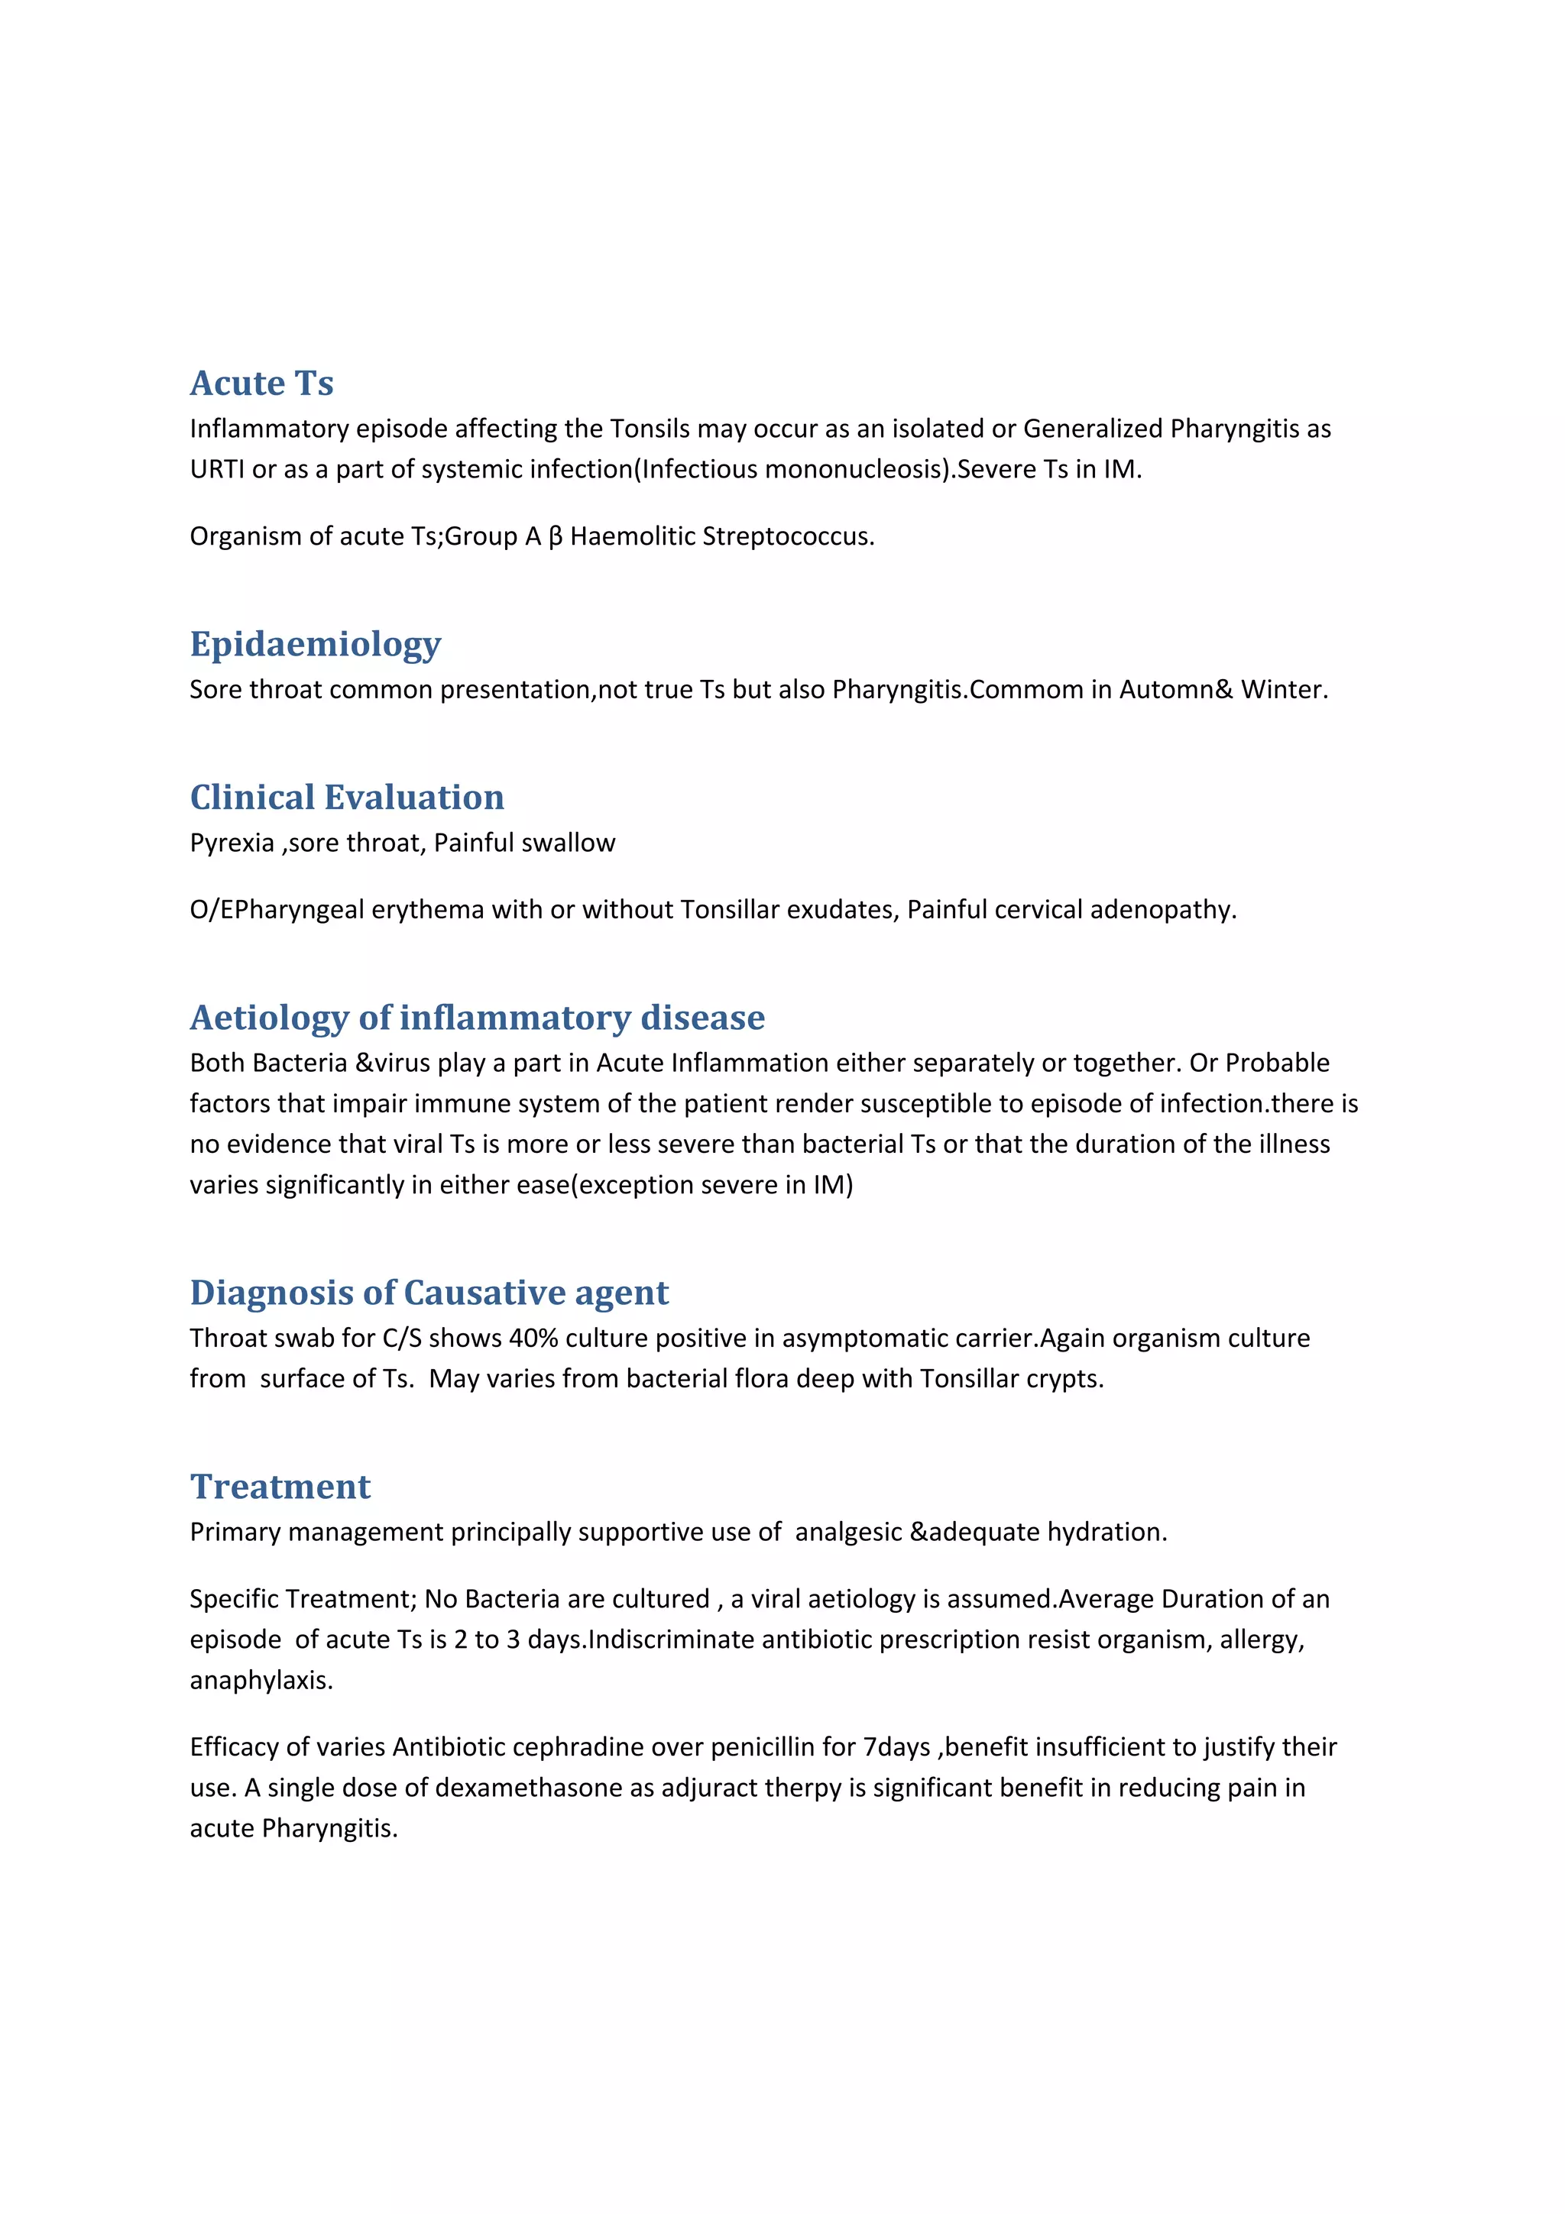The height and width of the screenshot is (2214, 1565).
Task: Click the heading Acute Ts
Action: click(261, 383)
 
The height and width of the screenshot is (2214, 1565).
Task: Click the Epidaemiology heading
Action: click(316, 644)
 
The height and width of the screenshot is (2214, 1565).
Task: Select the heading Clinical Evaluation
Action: click(346, 798)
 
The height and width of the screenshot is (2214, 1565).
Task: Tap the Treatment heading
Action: click(280, 1487)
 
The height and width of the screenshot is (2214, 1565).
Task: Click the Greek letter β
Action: click(555, 537)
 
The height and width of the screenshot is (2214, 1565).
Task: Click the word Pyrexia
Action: click(232, 843)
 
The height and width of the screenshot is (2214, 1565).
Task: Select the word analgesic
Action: click(847, 1533)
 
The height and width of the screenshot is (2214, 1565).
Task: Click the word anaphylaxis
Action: click(261, 1681)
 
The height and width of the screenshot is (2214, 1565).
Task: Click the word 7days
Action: click(896, 1747)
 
